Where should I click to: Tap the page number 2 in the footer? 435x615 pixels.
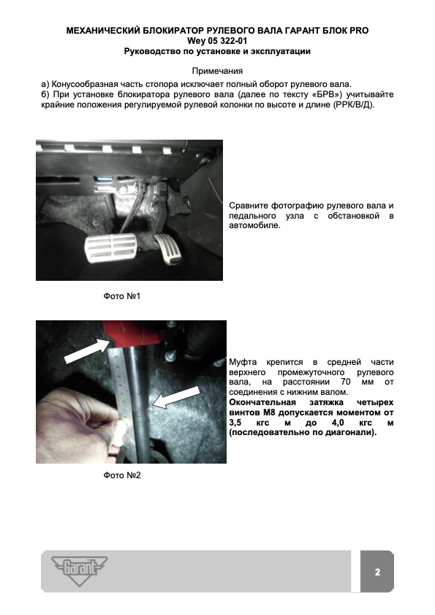(377, 572)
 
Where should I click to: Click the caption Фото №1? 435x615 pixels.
(122, 296)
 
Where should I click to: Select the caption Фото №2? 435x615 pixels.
(122, 475)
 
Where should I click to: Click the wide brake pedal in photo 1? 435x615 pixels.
(111, 249)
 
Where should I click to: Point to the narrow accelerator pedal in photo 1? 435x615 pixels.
(169, 249)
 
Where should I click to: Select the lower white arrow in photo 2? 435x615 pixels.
(176, 397)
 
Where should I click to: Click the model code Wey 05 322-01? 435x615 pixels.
(217, 41)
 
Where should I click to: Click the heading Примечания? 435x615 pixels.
(217, 71)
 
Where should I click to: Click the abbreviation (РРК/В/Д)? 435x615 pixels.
(354, 105)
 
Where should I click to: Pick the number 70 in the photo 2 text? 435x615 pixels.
(346, 382)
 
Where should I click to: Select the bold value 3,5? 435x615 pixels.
(235, 423)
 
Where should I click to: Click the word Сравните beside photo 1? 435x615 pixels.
(249, 205)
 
